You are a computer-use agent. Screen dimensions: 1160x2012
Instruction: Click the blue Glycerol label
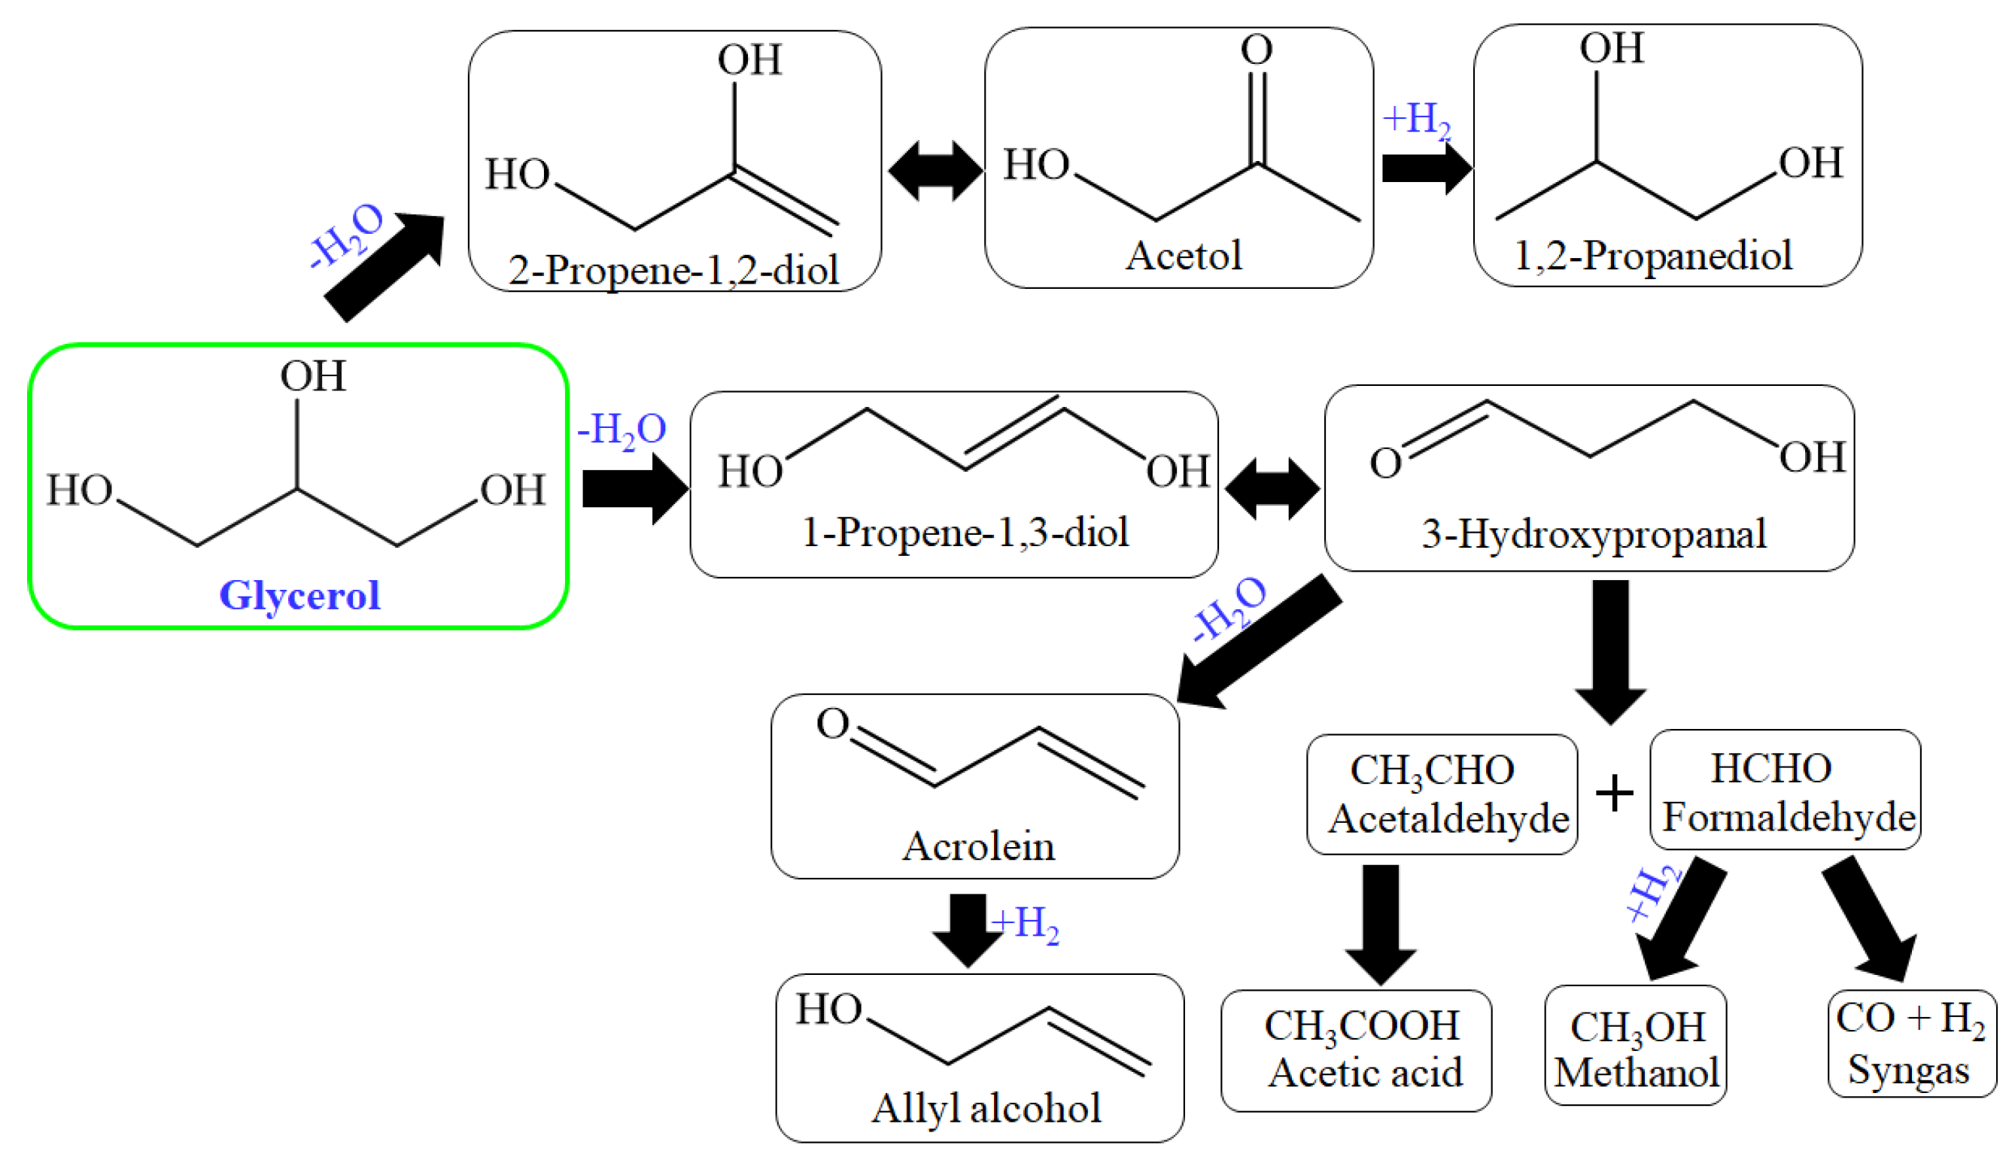click(x=299, y=595)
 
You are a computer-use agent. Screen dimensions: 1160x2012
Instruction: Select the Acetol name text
click(x=1184, y=256)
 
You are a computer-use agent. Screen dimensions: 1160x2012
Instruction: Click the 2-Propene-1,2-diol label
click(x=673, y=271)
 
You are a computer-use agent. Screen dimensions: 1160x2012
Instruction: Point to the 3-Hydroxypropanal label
click(x=1594, y=533)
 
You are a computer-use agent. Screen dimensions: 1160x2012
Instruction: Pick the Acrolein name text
click(x=977, y=846)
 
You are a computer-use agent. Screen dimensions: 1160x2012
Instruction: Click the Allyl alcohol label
click(x=986, y=1108)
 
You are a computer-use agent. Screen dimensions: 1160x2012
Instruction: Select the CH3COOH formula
click(x=1362, y=1027)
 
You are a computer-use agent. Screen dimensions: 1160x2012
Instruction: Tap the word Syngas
click(x=1908, y=1069)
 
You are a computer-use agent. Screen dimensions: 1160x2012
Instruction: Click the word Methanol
click(x=1636, y=1073)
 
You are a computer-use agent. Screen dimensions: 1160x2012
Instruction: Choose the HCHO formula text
click(x=1770, y=769)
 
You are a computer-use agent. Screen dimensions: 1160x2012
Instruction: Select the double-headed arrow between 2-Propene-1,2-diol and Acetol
click(x=935, y=171)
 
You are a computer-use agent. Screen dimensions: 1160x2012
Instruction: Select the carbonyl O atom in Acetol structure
click(x=1256, y=50)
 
